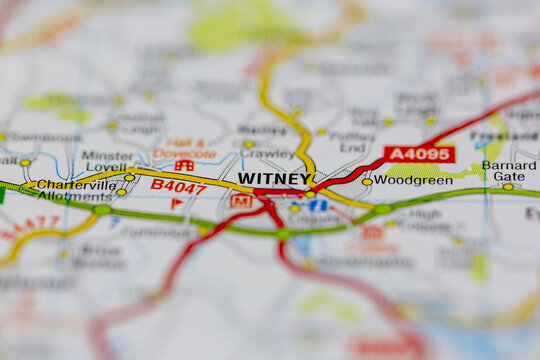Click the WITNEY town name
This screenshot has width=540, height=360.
[274, 178]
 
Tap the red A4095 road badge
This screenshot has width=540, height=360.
[419, 154]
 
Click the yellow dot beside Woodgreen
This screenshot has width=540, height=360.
[367, 181]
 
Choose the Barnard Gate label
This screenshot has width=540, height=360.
[509, 170]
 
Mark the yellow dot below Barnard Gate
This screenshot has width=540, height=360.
[508, 186]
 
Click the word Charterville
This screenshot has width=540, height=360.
[76, 184]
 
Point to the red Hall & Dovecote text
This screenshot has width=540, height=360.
[185, 148]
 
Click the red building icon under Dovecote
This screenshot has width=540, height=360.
[184, 165]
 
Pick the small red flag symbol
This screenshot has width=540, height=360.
[176, 203]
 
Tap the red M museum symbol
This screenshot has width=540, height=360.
[240, 200]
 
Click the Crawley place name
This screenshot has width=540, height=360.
[266, 155]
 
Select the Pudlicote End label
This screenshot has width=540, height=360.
[352, 142]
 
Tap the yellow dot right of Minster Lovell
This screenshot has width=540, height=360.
[129, 177]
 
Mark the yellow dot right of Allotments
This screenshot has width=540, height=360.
[121, 191]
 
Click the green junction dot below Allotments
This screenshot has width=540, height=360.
[101, 210]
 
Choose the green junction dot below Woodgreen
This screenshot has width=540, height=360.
[383, 209]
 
